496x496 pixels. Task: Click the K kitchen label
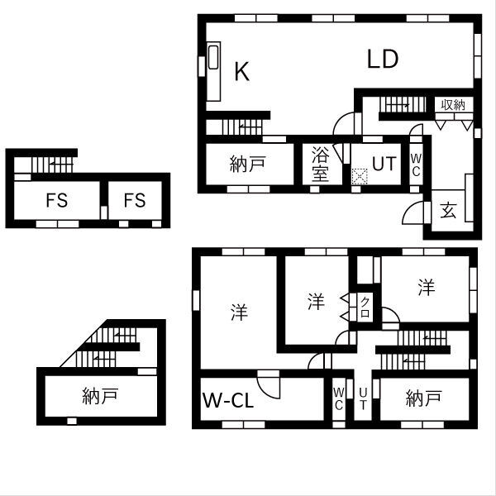241,72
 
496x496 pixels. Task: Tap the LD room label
384,59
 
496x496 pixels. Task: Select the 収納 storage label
453,105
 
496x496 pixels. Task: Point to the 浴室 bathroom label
321,164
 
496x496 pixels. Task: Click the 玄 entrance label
448,210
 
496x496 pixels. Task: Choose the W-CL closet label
228,402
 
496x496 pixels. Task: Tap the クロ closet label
365,308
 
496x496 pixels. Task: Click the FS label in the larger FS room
57,200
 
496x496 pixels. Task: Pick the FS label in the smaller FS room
135,200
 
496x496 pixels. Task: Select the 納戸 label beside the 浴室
247,164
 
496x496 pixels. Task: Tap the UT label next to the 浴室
384,164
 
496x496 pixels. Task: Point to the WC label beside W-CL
339,398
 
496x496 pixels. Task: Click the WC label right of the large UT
416,165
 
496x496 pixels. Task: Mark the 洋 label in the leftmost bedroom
239,313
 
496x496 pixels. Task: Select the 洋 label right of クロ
425,288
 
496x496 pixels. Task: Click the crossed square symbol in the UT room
360,176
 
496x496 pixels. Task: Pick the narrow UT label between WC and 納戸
363,399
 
